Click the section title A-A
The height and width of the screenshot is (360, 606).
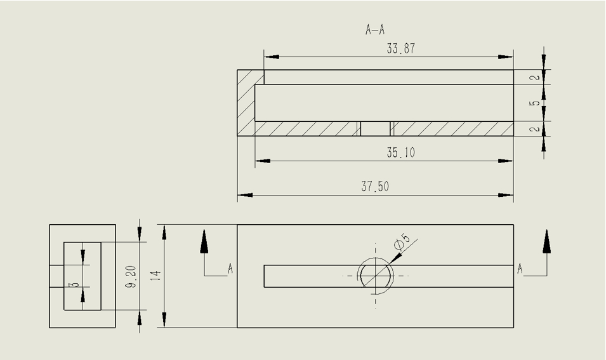(375, 30)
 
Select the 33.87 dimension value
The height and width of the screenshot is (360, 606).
(401, 48)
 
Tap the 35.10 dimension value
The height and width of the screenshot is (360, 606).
(401, 153)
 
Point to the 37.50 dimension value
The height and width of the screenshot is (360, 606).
(375, 187)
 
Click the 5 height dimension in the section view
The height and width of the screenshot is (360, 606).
(536, 103)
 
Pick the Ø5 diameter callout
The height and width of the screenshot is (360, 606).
(402, 242)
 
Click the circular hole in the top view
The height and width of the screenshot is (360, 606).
(376, 276)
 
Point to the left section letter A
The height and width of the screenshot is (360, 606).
(230, 270)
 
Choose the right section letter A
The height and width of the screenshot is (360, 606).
(520, 269)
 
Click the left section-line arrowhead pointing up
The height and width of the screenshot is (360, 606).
(204, 241)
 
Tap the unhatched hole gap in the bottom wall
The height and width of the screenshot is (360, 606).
(376, 129)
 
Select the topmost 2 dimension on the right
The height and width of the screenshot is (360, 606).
(536, 77)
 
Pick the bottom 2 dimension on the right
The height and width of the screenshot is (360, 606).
(536, 129)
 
